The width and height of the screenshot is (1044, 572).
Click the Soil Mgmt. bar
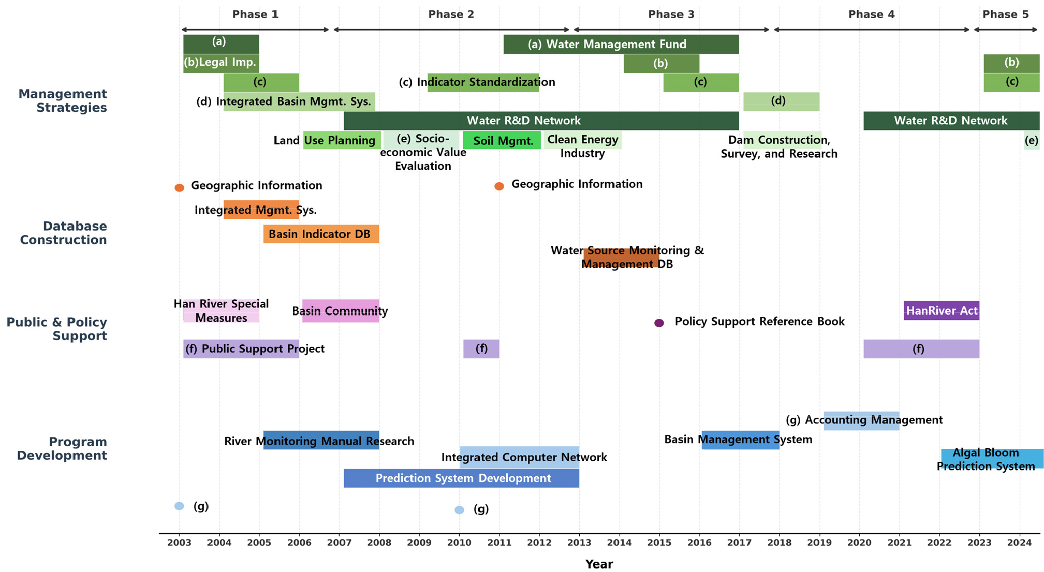click(x=502, y=140)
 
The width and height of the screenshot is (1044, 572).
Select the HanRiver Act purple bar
click(x=942, y=311)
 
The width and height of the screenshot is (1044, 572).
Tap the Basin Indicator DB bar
click(x=321, y=234)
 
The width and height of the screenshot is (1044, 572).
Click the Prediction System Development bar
click(x=461, y=478)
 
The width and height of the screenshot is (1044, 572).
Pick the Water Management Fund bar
click(x=621, y=44)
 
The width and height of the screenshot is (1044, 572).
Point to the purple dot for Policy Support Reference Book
click(x=659, y=323)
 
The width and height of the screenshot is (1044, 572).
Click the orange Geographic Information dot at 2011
click(x=499, y=186)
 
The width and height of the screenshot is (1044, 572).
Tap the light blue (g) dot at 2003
click(x=179, y=506)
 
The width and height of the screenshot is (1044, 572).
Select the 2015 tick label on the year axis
click(x=659, y=543)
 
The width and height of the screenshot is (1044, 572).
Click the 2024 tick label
click(x=1020, y=543)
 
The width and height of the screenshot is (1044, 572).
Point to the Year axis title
click(x=599, y=564)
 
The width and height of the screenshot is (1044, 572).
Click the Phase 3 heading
click(x=671, y=14)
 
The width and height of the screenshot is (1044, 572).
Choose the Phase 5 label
click(x=1006, y=14)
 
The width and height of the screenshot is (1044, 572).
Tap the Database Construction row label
click(x=63, y=233)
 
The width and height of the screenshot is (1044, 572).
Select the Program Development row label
click(x=62, y=449)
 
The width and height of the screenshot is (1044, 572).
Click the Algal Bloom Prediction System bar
click(x=992, y=459)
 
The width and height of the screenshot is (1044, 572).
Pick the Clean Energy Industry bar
click(x=582, y=140)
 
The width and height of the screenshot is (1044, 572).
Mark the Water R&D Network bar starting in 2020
click(x=951, y=121)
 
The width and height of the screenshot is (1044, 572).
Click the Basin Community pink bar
click(x=341, y=311)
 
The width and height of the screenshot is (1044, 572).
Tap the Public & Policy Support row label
click(x=56, y=329)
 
